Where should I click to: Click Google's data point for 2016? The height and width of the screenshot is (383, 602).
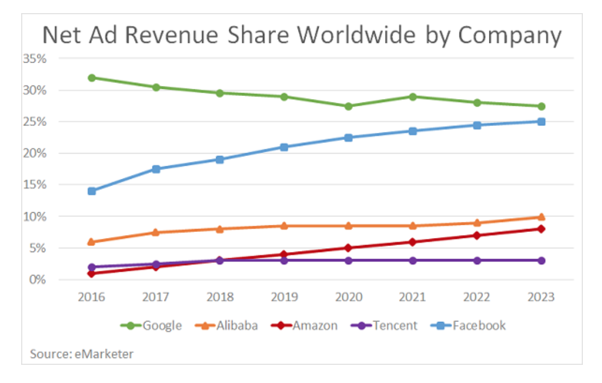[x=91, y=78]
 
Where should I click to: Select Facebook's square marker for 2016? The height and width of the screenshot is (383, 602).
[x=91, y=191]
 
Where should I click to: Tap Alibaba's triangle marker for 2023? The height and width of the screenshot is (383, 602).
[x=541, y=217]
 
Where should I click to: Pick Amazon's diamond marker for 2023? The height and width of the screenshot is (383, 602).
[x=541, y=229]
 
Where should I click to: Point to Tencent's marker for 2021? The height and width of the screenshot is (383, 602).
[x=413, y=260]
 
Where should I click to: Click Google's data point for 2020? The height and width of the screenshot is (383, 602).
[x=348, y=106]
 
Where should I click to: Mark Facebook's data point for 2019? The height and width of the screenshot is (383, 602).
[x=284, y=147]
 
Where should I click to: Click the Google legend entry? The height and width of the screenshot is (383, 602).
[x=151, y=325]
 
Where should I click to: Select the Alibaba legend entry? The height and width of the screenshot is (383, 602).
[x=227, y=325]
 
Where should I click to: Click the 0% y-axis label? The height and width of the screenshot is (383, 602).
[x=37, y=279]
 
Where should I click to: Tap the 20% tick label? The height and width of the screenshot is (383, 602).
[x=35, y=153]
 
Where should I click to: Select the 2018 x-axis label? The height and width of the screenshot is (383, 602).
[x=220, y=297]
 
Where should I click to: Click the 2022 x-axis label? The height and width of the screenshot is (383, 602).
[x=477, y=297]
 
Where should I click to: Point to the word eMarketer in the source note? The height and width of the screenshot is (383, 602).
[x=105, y=354]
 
